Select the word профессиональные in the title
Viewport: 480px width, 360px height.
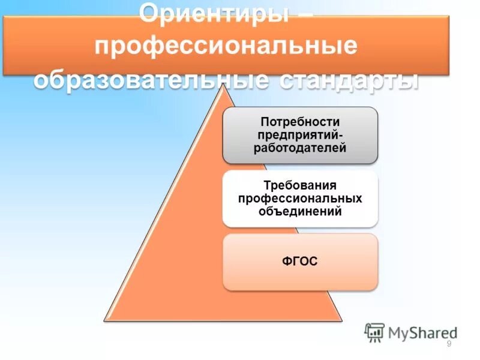(226, 47)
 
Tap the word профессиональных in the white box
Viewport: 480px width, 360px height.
(300, 198)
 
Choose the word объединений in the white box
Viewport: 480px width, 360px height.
(300, 211)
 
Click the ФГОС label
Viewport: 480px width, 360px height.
(300, 262)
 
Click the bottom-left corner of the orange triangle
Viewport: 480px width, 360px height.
(105, 320)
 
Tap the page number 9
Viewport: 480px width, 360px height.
(449, 343)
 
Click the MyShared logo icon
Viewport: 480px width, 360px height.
(374, 332)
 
